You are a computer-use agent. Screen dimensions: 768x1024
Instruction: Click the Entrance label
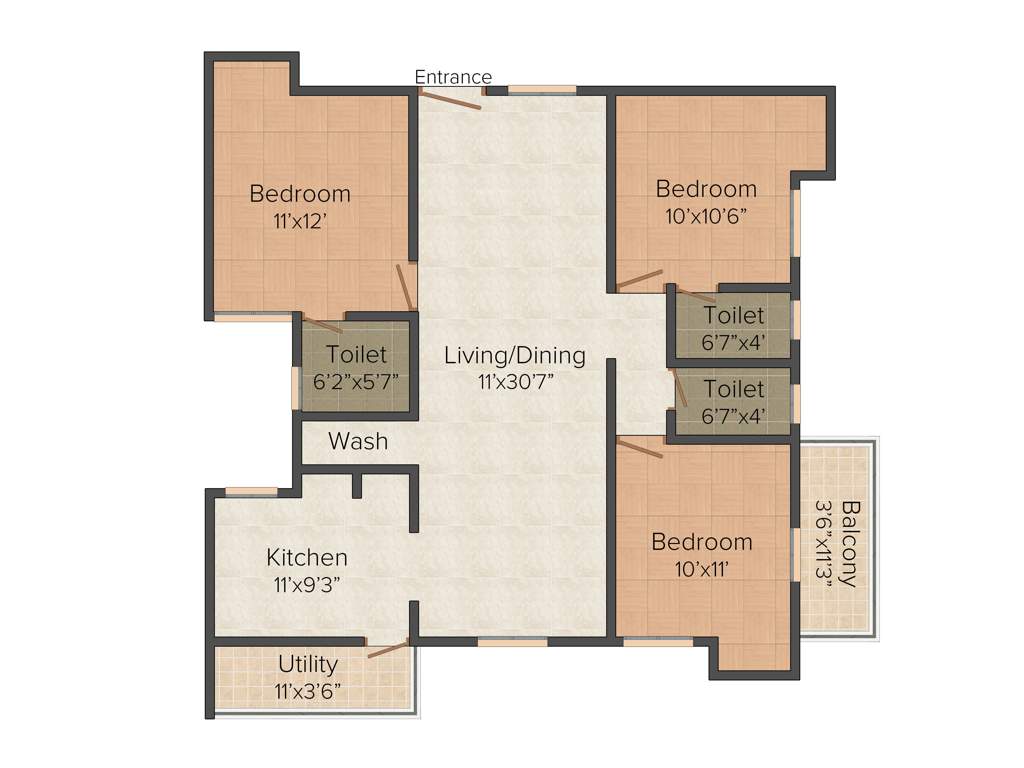pyautogui.click(x=453, y=77)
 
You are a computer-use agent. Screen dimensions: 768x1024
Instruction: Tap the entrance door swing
pyautogui.click(x=450, y=99)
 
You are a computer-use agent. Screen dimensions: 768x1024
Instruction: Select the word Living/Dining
pyautogui.click(x=514, y=355)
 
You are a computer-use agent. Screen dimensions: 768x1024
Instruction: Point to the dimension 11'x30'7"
pyautogui.click(x=514, y=380)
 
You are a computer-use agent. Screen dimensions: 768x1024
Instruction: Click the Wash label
pyautogui.click(x=358, y=441)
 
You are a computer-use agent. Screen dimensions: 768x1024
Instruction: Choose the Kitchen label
pyautogui.click(x=307, y=557)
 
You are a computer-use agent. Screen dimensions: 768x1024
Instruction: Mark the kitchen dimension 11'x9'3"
pyautogui.click(x=307, y=585)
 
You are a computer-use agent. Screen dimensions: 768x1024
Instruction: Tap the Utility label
pyautogui.click(x=308, y=664)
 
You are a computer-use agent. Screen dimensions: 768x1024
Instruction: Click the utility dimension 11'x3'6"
pyautogui.click(x=308, y=689)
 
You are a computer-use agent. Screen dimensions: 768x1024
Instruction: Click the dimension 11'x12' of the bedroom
pyautogui.click(x=300, y=220)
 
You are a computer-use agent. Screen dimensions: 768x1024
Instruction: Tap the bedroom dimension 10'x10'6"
pyautogui.click(x=706, y=215)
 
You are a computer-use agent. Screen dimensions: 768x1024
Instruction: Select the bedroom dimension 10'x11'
pyautogui.click(x=701, y=569)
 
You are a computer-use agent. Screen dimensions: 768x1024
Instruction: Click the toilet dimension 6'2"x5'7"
pyautogui.click(x=356, y=381)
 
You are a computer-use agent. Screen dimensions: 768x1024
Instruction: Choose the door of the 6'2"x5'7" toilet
pyautogui.click(x=323, y=325)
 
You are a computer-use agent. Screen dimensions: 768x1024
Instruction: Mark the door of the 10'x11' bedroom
pyautogui.click(x=640, y=447)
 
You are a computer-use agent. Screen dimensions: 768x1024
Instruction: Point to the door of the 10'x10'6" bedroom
pyautogui.click(x=640, y=279)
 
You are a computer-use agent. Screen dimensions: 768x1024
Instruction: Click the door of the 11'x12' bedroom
pyautogui.click(x=405, y=287)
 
